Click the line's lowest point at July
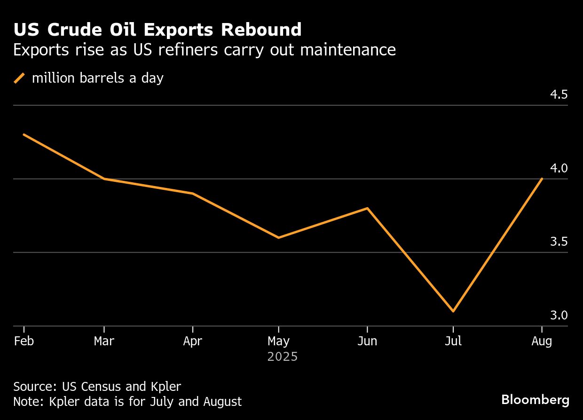453,311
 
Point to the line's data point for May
279,238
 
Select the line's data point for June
367,208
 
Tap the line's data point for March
104,179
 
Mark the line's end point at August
542,179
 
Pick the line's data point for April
192,194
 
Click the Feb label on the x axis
24,341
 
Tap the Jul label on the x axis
453,341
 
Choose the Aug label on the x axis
542,341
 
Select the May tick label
279,341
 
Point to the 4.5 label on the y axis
559,95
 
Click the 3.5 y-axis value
559,242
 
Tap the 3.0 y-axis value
559,315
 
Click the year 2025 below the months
283,357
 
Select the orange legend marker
19,78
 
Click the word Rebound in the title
261,30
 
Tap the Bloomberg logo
535,400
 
